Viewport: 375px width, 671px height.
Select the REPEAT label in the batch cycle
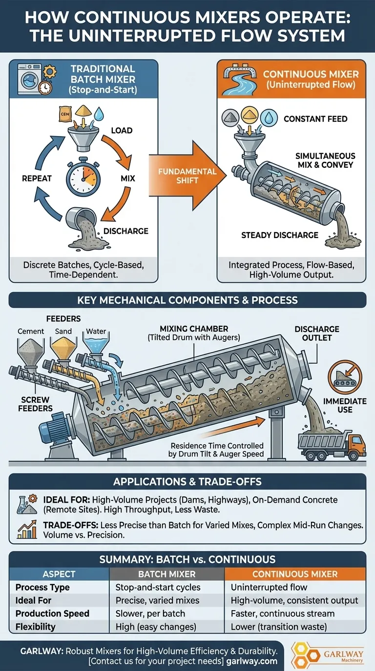point(37,179)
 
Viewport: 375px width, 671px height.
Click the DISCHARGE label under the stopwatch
point(125,231)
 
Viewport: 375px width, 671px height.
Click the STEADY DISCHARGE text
point(280,235)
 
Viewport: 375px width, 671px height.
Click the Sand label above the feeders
point(63,331)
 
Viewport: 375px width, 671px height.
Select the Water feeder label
point(96,331)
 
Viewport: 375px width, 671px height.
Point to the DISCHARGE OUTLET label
point(317,334)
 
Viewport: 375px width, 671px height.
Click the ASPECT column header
point(59,574)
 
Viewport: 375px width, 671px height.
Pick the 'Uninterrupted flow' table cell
point(262,587)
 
